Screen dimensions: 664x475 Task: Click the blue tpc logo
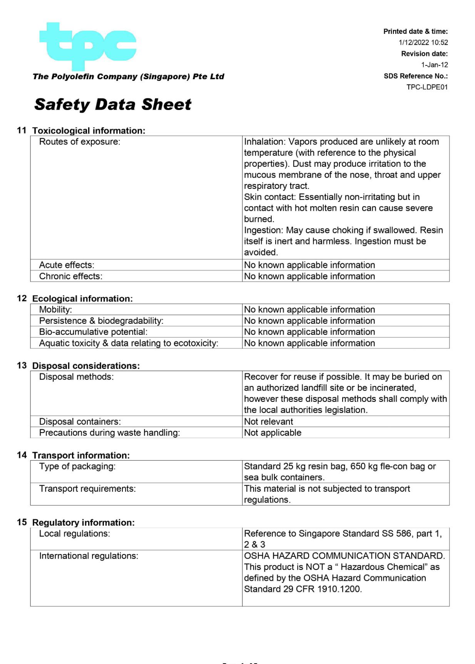point(88,46)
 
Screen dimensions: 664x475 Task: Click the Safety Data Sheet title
point(112,105)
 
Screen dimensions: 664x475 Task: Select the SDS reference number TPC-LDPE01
point(427,87)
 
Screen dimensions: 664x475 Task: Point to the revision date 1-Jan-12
point(434,65)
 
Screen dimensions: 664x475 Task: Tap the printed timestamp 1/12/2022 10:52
point(423,43)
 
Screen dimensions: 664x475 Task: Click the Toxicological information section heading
point(89,131)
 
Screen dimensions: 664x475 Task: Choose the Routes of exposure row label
point(80,142)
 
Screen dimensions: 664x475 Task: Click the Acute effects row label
point(67,265)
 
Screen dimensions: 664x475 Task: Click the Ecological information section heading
point(82,299)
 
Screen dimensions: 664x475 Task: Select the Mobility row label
point(55,310)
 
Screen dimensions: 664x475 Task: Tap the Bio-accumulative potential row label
point(93,332)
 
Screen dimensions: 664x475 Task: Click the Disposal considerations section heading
point(86,366)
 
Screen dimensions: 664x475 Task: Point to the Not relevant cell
point(269,422)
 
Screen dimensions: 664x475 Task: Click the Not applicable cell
point(273,433)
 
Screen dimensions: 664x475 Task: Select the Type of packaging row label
point(77,467)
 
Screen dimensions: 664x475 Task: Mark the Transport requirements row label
point(87,489)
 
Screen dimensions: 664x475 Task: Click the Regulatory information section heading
point(84,523)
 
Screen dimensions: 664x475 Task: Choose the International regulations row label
point(89,556)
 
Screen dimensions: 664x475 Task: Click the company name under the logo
point(129,77)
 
